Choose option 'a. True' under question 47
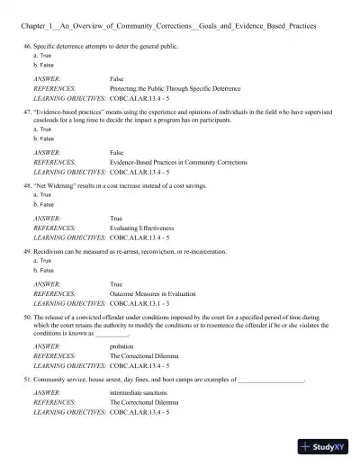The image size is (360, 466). (x=40, y=130)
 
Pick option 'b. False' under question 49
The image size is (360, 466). (x=40, y=270)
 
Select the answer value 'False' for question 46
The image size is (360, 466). (x=117, y=79)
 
